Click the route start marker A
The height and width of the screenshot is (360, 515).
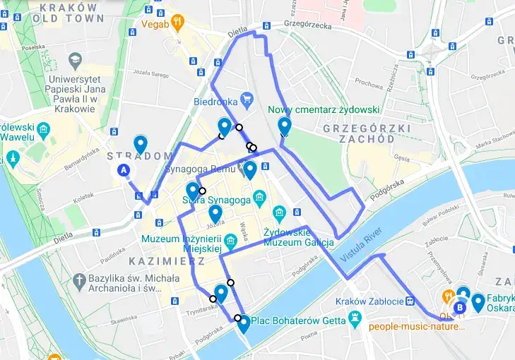124,170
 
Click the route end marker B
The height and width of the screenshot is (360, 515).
461,307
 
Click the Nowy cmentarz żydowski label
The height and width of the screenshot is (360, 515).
324,110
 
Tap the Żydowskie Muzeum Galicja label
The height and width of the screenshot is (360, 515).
298,237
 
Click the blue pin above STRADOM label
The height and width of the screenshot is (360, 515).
141,144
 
